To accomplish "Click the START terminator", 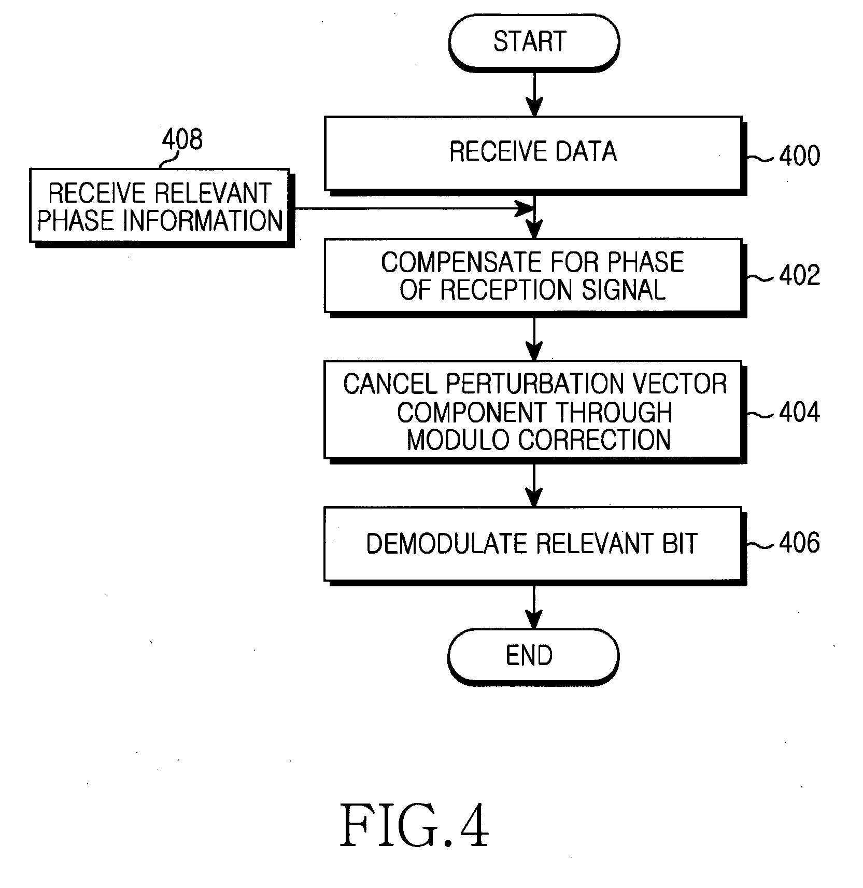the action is [x=533, y=43].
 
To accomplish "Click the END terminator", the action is [x=533, y=656].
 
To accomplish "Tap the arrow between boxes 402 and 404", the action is [x=534, y=339].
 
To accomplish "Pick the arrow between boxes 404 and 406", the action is [x=534, y=485].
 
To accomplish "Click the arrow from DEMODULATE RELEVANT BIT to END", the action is [x=534, y=608].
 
